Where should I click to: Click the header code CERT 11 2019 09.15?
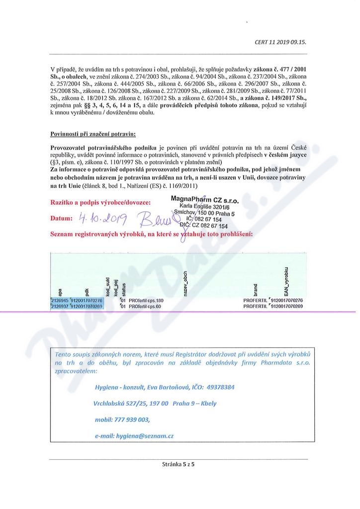(x=280, y=42)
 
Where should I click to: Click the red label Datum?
(x=62, y=219)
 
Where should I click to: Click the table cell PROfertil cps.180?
(x=146, y=301)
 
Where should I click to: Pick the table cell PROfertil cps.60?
(x=145, y=307)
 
